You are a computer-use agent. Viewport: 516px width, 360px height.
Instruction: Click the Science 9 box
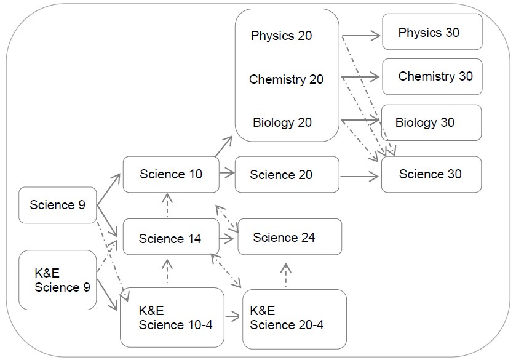coord(57,205)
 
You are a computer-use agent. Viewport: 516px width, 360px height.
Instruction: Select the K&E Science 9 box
coord(57,279)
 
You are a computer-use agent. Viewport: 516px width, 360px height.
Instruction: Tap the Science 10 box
coord(171,174)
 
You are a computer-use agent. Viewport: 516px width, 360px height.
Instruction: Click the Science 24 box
coord(289,237)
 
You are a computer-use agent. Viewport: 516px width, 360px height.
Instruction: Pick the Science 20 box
coord(287,175)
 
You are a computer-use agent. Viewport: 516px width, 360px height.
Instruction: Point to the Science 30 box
coord(431,174)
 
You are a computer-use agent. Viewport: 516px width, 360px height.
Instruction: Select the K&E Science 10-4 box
coord(172,318)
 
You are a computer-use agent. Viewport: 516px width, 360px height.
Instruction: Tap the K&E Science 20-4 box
coord(294,318)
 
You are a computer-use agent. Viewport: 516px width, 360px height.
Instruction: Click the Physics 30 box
coord(432,33)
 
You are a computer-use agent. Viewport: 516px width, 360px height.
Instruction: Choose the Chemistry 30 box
coord(432,76)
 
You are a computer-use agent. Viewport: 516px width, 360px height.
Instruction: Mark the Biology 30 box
coord(430,122)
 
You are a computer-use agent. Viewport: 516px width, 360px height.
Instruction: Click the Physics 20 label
coord(281,36)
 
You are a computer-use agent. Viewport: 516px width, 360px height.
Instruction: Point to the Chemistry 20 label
coord(286,79)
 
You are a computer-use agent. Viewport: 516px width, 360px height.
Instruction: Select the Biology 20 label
coord(282,122)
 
